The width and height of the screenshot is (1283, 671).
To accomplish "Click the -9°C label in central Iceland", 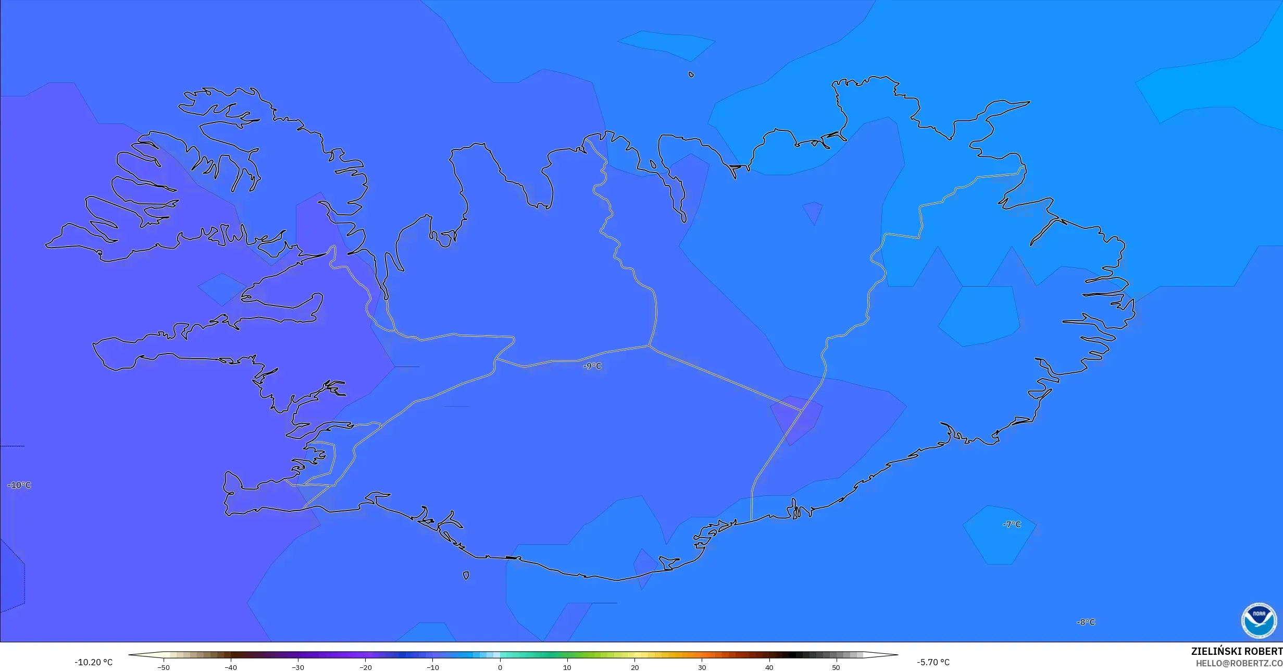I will [x=592, y=366].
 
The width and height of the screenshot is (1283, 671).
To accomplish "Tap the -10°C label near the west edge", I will [x=19, y=485].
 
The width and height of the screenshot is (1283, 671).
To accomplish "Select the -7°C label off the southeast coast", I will [x=1012, y=524].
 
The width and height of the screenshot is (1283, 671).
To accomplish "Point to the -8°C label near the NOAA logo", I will [x=1086, y=622].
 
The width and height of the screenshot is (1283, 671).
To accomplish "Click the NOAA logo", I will [x=1259, y=620].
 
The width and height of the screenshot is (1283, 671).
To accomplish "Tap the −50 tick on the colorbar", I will [x=164, y=667].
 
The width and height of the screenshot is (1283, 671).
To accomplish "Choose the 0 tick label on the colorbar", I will [x=500, y=667].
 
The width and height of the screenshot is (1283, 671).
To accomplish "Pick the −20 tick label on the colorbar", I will [x=365, y=667].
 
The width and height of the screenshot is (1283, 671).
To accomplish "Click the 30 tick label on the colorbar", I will [x=702, y=667].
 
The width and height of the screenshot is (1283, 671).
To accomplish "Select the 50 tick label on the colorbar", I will [x=836, y=667].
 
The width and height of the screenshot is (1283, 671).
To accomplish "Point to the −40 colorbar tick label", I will [x=231, y=667].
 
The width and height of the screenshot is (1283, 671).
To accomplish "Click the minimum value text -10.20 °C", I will [x=93, y=662].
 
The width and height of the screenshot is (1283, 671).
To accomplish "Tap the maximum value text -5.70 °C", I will [x=933, y=662].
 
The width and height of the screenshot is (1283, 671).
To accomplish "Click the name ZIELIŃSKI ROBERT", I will [x=1236, y=651].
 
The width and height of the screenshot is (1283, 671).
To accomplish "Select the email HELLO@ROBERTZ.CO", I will [x=1239, y=663].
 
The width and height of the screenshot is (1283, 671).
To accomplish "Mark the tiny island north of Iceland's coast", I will [x=691, y=75].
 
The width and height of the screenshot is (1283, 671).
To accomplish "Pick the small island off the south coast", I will [x=466, y=576].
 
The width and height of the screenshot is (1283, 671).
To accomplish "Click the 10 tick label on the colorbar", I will [x=567, y=667].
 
